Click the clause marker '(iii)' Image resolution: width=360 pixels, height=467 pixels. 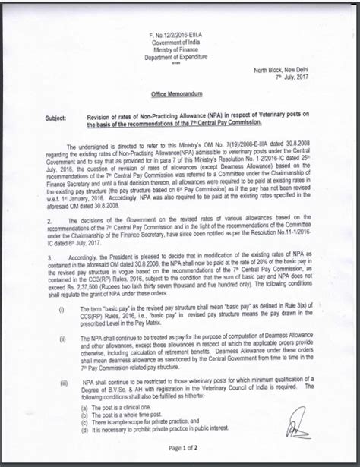coord(63,383)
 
